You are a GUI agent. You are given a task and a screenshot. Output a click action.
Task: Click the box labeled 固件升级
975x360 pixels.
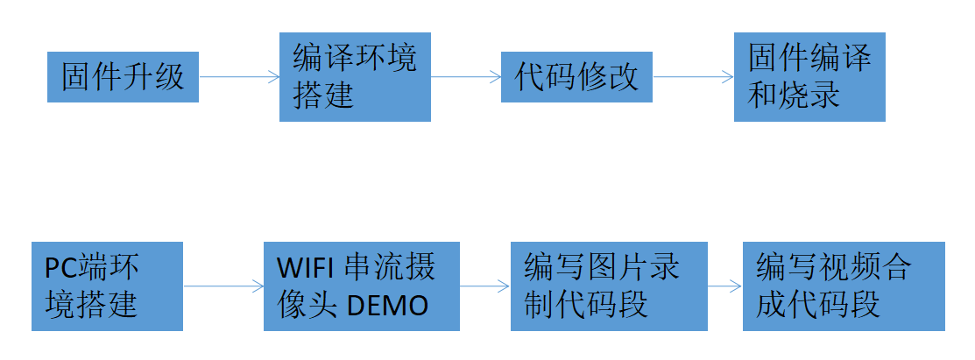point(123,76)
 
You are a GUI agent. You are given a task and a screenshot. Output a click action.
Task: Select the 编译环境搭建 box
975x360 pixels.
point(355,76)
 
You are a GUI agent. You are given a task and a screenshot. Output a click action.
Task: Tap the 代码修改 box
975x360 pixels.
point(577,77)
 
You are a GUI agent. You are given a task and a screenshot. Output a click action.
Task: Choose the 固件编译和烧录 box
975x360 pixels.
point(809,76)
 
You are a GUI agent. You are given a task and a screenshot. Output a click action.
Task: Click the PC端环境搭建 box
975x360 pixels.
point(107,286)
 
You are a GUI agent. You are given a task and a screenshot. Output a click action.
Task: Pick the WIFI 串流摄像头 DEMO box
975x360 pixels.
point(362,286)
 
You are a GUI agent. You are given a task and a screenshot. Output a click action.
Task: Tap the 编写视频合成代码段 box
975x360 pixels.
point(844,286)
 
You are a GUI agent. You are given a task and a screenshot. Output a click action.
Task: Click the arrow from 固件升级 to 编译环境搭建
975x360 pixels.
point(239,77)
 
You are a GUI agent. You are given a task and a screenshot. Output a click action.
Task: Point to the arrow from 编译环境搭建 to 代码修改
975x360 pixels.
point(466,77)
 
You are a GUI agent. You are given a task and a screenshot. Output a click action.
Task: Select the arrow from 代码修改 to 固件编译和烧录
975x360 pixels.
point(693,77)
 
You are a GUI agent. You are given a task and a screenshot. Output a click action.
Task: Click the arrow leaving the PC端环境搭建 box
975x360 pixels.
point(223,286)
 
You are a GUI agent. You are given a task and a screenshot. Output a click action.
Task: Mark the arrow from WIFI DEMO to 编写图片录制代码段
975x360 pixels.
point(484,286)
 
